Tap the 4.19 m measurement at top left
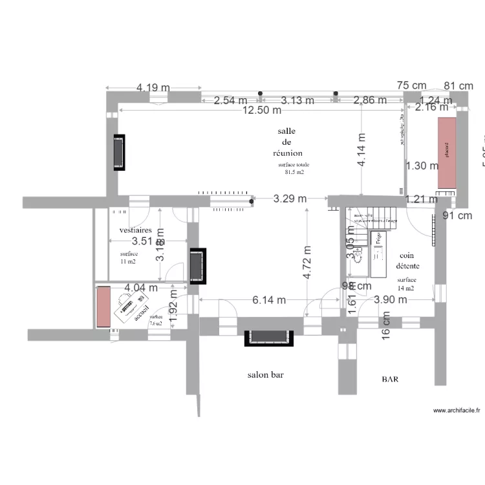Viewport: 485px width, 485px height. tap(153, 87)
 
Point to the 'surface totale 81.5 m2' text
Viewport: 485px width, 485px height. tap(292, 169)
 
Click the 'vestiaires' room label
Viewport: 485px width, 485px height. tap(136, 230)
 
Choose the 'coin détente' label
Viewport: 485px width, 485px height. tap(407, 261)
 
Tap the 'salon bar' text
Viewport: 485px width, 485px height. tap(266, 374)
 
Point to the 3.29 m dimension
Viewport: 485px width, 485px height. tap(290, 199)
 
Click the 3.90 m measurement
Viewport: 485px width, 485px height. tap(391, 299)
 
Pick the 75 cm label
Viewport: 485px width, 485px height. tap(411, 85)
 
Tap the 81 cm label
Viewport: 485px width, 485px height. tap(458, 85)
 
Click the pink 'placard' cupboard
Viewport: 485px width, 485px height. tap(446, 154)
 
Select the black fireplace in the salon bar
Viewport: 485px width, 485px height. tap(268, 337)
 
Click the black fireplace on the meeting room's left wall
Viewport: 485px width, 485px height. tap(119, 153)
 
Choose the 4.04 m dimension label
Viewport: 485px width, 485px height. tap(142, 288)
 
